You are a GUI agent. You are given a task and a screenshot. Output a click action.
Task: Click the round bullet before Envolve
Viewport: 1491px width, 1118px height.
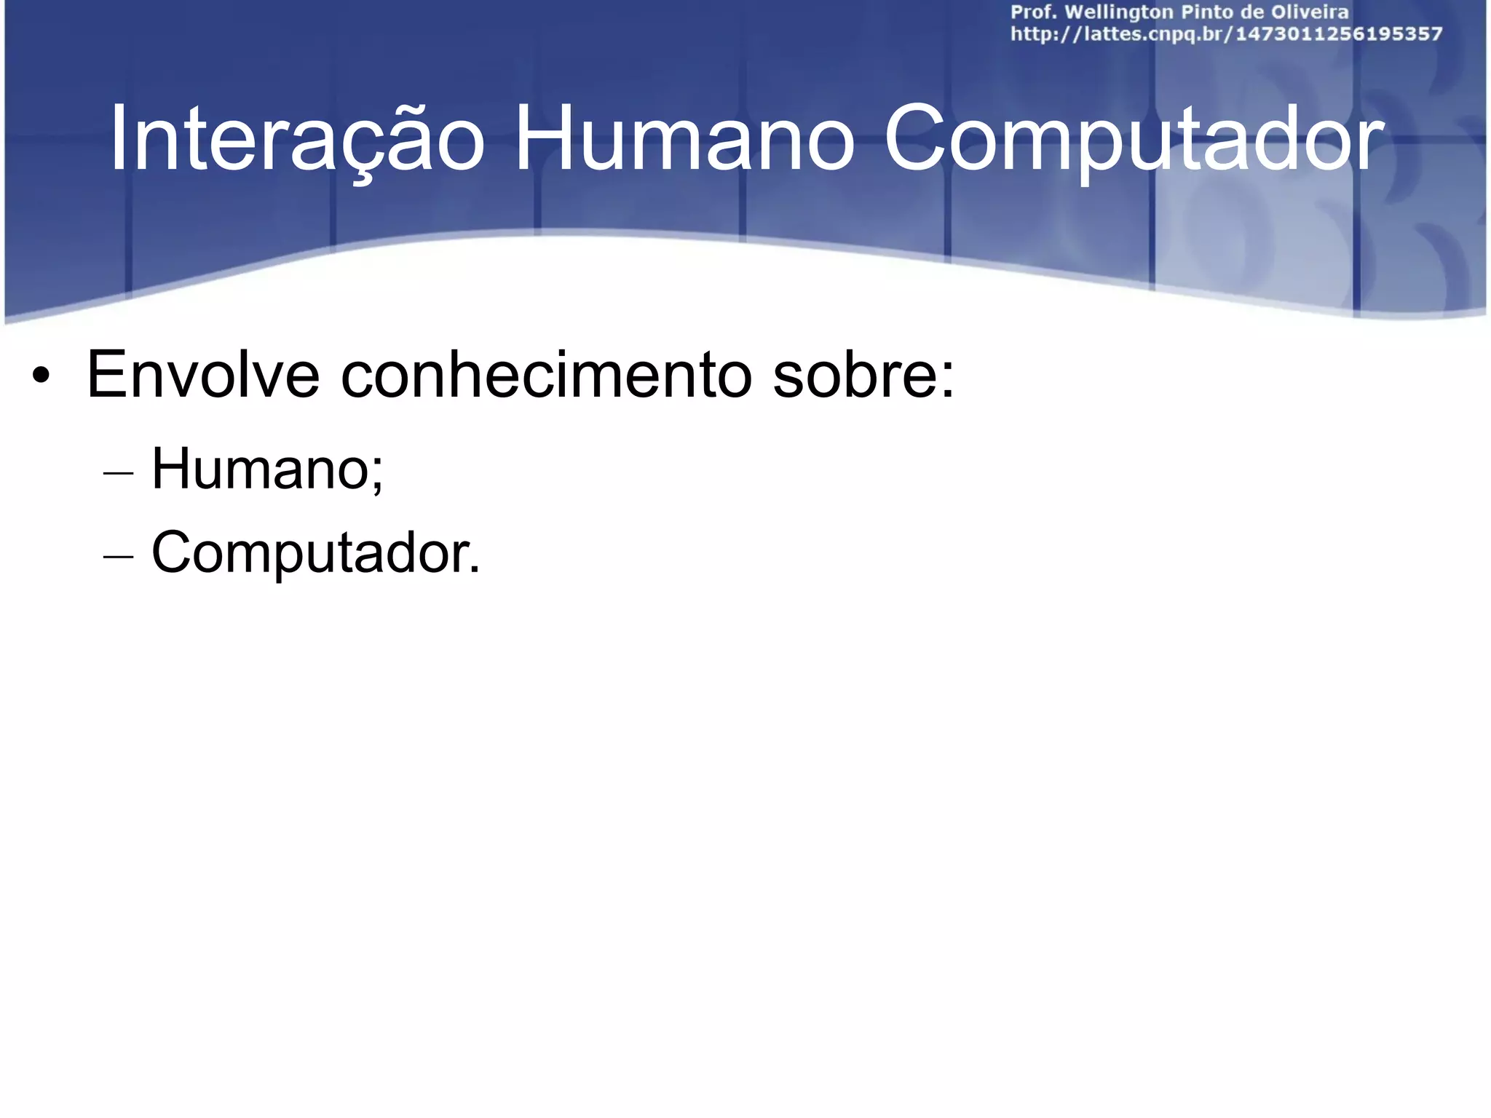point(41,377)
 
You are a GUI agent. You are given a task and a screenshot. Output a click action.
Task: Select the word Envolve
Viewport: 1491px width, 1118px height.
point(203,376)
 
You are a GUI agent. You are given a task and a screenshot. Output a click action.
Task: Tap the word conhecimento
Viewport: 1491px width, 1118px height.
point(546,376)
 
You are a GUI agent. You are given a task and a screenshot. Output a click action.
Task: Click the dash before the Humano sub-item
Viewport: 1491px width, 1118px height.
point(119,473)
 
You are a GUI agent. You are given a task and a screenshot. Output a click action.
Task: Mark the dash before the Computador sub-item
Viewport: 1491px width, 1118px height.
point(119,557)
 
